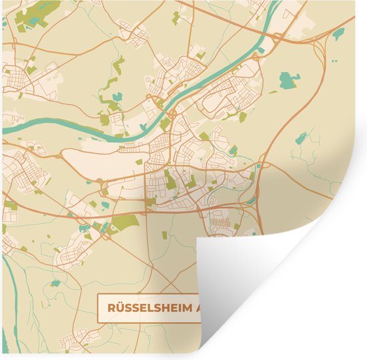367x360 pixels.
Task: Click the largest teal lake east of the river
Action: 288,81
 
